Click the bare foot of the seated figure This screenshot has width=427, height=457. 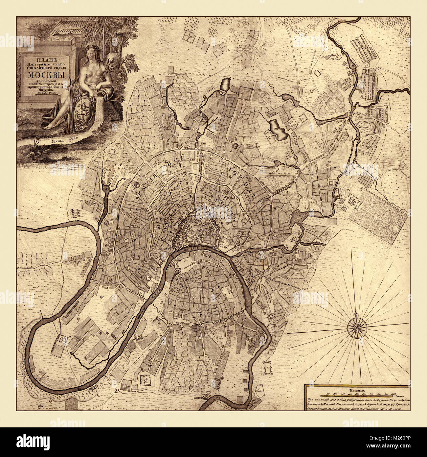(49, 126)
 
